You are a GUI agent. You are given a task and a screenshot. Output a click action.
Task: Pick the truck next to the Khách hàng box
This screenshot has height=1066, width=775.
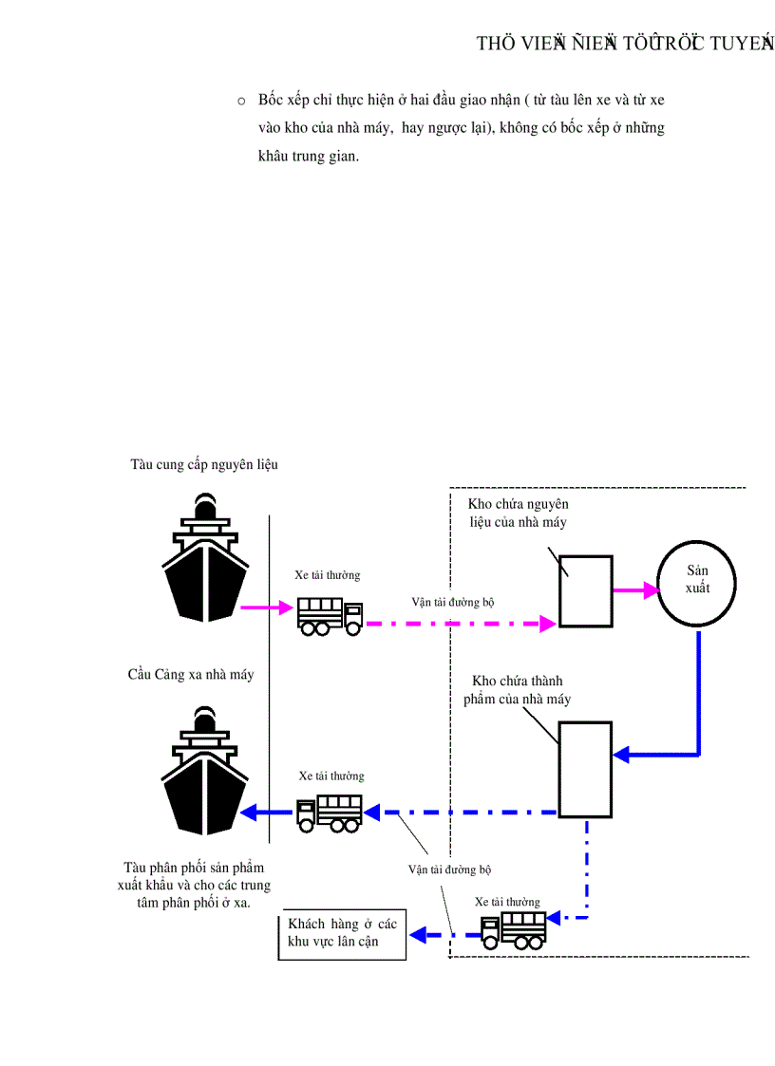click(514, 929)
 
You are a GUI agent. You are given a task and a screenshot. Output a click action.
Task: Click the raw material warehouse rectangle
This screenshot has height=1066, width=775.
click(585, 591)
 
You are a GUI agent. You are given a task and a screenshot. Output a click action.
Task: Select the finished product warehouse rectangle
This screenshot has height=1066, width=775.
click(585, 769)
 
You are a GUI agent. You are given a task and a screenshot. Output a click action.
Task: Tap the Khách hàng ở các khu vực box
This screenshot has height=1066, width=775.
click(343, 933)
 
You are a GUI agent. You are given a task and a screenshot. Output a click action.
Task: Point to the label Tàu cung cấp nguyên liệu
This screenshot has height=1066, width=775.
click(204, 465)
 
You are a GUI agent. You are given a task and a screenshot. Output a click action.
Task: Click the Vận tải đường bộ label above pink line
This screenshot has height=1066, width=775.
click(452, 602)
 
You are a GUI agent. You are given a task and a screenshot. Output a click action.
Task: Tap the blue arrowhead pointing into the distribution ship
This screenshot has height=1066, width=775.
click(249, 813)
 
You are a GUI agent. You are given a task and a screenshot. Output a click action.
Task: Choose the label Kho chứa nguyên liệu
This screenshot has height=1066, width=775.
click(518, 513)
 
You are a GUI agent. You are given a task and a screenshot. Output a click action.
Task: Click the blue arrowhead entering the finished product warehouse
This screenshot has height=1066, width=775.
click(621, 755)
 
